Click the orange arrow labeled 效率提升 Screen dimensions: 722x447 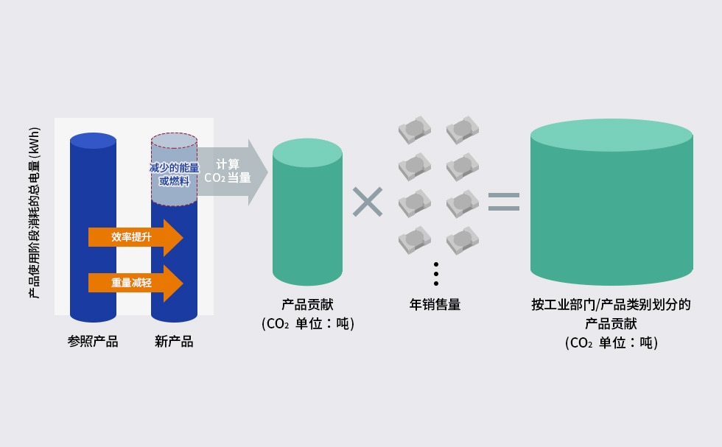click(136, 238)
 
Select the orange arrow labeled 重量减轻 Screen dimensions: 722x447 click(136, 283)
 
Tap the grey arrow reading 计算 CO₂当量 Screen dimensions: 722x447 click(233, 172)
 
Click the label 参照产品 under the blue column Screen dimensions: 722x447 click(93, 342)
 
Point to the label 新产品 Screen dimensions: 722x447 click(174, 342)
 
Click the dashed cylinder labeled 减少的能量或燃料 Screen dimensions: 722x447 click(174, 169)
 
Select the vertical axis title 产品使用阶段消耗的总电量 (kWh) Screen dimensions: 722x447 click(35, 213)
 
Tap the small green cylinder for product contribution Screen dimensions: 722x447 click(308, 212)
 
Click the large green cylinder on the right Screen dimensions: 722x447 click(611, 202)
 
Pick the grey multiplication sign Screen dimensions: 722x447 click(368, 202)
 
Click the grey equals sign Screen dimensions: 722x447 click(504, 202)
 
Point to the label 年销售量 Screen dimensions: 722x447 click(435, 304)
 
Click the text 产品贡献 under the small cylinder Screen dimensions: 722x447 click(308, 304)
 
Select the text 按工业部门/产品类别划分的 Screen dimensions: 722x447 click(611, 304)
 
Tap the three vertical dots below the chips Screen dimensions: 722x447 click(436, 274)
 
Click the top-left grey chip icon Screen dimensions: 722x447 click(414, 130)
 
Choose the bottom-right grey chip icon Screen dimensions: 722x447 click(463, 240)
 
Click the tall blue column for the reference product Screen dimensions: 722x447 click(93, 228)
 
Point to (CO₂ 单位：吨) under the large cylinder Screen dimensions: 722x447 click(611, 343)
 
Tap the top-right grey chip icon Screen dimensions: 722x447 click(463, 130)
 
